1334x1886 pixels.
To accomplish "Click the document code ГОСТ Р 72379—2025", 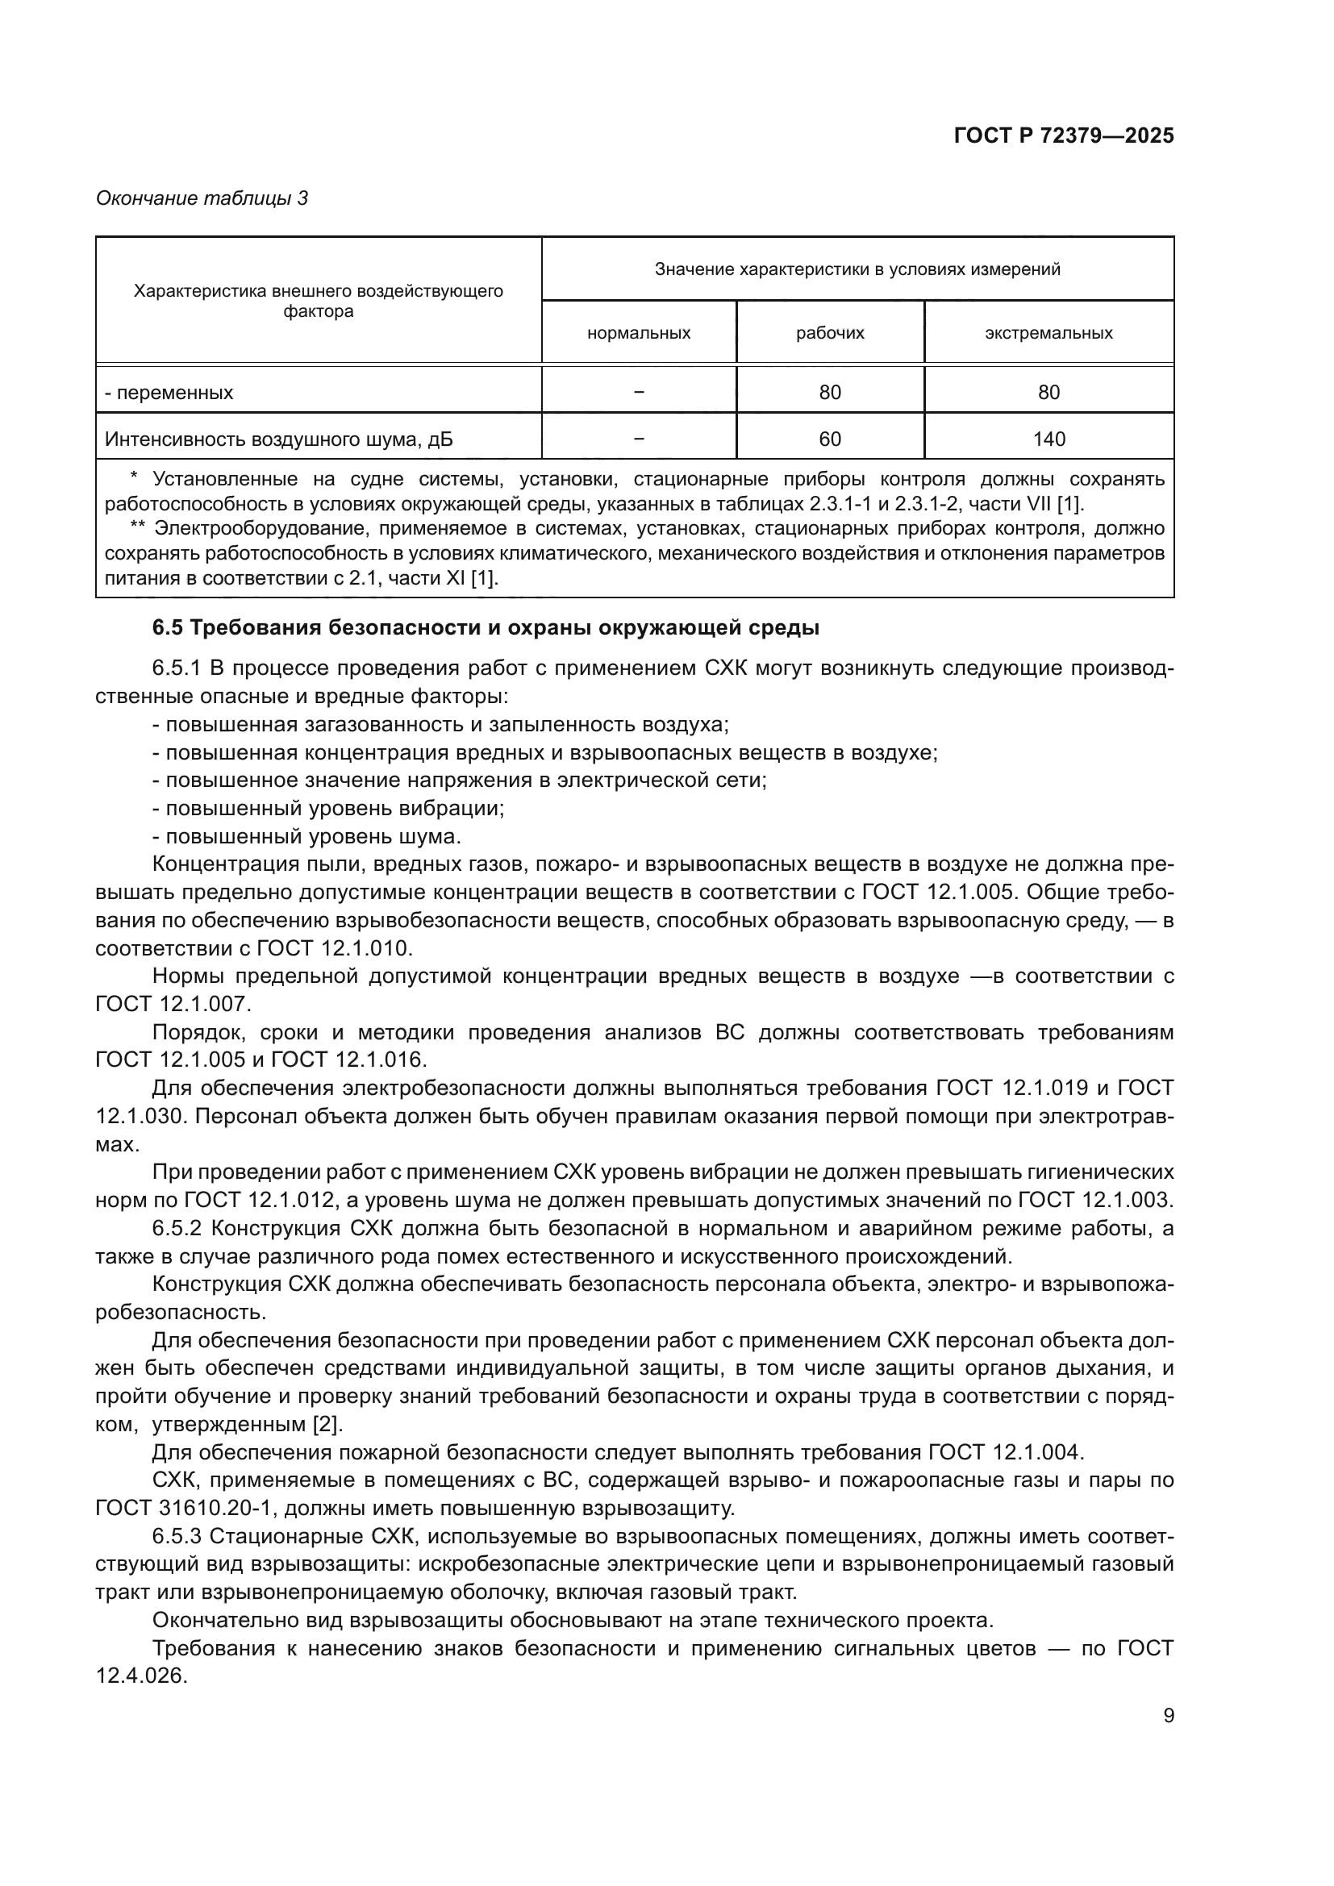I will click(1064, 135).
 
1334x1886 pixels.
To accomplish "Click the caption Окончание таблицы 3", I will click(202, 198).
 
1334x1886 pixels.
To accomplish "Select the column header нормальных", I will click(638, 333).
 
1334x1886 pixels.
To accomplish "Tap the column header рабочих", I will click(830, 333).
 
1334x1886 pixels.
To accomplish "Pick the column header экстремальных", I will click(1048, 333).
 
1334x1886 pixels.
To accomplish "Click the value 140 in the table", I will click(1049, 439).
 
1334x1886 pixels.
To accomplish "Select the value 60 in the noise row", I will click(830, 439).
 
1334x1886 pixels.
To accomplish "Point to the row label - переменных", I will click(169, 393).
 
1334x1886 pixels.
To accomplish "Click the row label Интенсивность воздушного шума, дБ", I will click(278, 439).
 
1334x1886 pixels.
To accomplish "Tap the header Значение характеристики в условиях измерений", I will click(857, 269).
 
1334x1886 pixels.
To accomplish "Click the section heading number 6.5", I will click(168, 628).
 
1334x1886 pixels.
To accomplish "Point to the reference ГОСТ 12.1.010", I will click(332, 948).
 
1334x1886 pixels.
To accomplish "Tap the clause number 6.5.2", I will click(177, 1229).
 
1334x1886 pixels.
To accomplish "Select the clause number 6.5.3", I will click(177, 1536).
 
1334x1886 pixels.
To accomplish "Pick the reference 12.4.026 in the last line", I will click(141, 1676).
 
